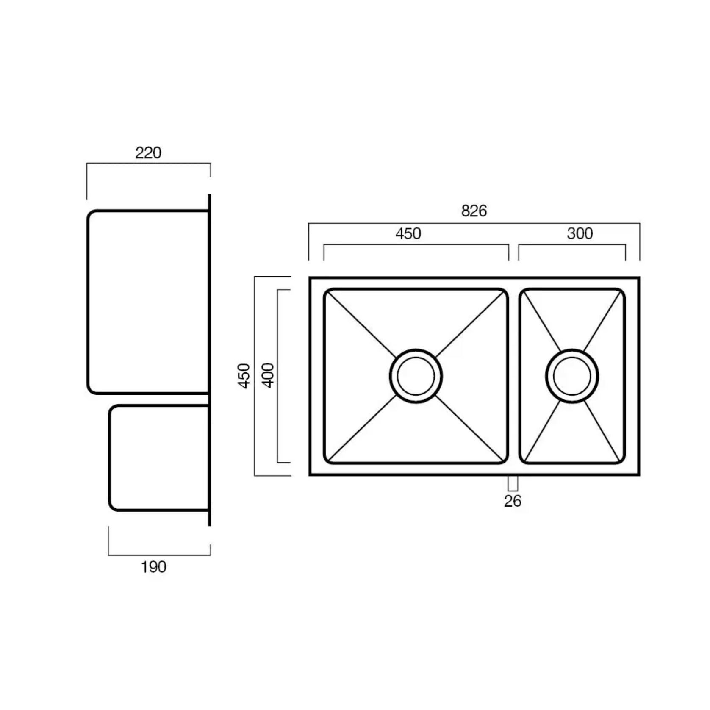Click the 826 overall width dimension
click(474, 211)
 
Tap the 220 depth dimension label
click(148, 153)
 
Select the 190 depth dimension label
click(153, 567)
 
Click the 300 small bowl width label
click(580, 233)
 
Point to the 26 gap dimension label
click(513, 501)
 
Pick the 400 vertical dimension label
click(268, 375)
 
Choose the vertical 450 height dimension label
click(244, 375)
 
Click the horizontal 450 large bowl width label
click(408, 233)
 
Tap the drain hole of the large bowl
click(416, 376)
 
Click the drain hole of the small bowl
click(572, 376)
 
